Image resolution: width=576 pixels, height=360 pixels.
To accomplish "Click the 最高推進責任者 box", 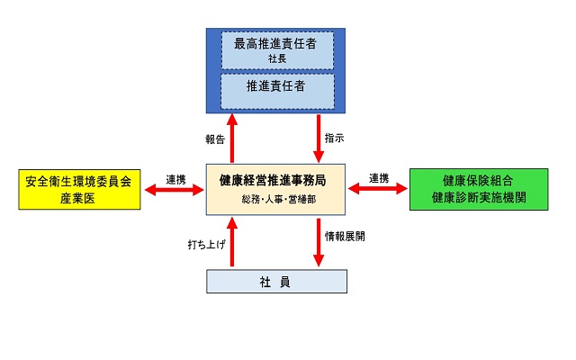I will click(276, 49).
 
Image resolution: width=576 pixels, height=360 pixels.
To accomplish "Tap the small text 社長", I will click(276, 58).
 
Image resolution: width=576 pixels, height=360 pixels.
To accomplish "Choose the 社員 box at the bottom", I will click(276, 282).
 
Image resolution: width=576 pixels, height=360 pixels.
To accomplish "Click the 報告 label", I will click(214, 139).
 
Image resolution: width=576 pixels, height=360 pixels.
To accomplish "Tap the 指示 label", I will click(334, 139).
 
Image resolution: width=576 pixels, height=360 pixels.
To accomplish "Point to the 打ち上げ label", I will click(206, 243).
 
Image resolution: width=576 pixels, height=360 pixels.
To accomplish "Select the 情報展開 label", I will click(346, 236).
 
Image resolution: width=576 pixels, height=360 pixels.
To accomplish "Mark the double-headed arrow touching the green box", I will click(377, 189).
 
